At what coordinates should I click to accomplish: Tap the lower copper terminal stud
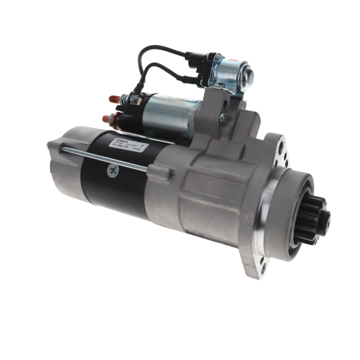pos(108,119)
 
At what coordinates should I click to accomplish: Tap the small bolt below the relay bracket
pos(223,118)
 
